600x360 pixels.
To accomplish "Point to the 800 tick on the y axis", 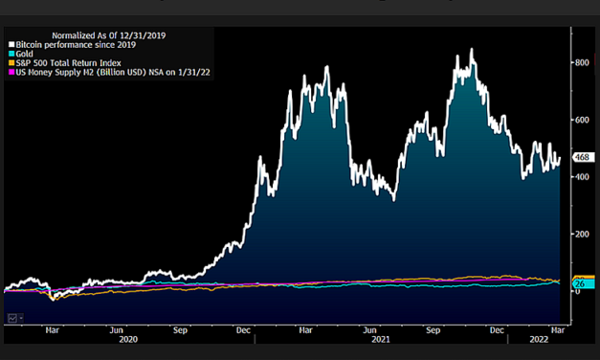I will coord(581,62).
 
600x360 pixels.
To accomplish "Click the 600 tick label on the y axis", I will coord(581,120).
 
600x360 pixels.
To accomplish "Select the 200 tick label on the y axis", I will coord(581,234).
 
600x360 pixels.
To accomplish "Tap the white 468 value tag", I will coord(581,157).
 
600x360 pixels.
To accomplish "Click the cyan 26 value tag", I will coord(579,283).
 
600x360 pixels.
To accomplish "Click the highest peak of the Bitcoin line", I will coord(472,49).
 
